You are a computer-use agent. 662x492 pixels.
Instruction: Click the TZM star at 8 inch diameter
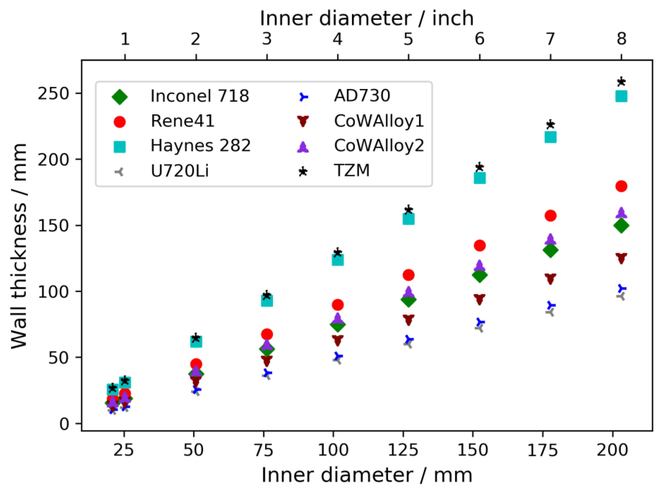pyautogui.click(x=621, y=82)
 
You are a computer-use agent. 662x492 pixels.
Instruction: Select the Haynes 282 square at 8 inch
pyautogui.click(x=621, y=96)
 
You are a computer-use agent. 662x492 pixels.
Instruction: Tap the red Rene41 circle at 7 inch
pyautogui.click(x=550, y=216)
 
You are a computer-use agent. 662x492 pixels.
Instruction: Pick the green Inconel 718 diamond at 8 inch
pyautogui.click(x=621, y=225)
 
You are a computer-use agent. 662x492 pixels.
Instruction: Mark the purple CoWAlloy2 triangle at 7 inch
pyautogui.click(x=550, y=239)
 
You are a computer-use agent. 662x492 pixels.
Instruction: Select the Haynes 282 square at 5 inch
pyautogui.click(x=408, y=219)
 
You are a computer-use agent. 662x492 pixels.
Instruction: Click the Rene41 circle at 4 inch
pyautogui.click(x=337, y=305)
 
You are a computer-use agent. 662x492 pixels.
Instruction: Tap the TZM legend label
pyautogui.click(x=352, y=171)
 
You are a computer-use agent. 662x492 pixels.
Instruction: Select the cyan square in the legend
pyautogui.click(x=119, y=147)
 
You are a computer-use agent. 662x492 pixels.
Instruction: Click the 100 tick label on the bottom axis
pyautogui.click(x=333, y=450)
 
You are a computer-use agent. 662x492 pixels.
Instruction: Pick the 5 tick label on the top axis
pyautogui.click(x=408, y=39)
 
